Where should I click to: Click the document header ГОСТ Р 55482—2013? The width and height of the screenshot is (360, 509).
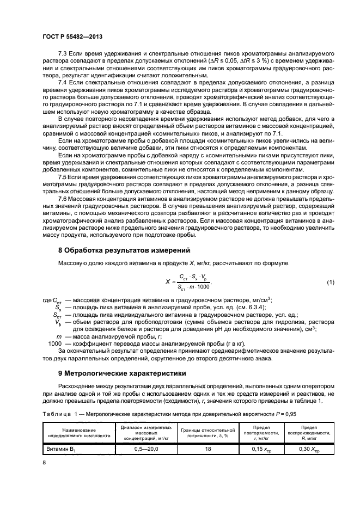click(72, 36)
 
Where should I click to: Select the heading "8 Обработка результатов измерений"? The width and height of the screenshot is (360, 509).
click(124, 250)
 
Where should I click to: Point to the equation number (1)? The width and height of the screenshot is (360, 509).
click(330, 281)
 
